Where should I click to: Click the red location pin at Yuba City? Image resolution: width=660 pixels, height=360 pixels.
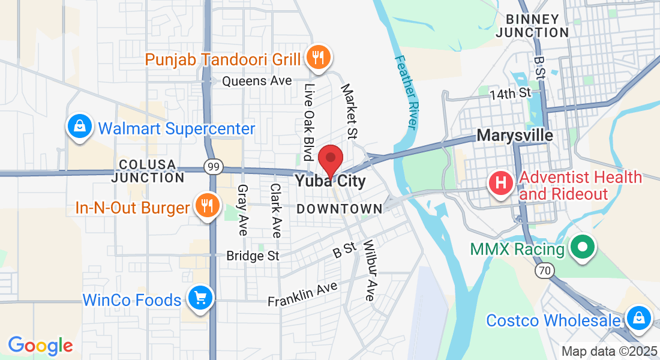[330, 159]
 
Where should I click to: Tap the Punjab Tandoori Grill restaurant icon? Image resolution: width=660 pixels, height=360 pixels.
[317, 58]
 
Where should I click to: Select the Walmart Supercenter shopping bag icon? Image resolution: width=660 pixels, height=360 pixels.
[79, 126]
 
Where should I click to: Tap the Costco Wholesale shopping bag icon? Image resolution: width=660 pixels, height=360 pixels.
[638, 317]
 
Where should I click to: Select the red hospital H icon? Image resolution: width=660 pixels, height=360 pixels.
[502, 181]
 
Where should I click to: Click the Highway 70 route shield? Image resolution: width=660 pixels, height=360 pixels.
[544, 271]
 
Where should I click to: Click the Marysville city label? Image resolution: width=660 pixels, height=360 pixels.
[515, 135]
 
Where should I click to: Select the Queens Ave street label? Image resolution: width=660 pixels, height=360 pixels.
[257, 80]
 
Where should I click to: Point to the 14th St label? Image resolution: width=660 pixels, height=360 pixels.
[510, 93]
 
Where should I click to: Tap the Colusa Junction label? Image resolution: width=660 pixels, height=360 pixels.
[148, 171]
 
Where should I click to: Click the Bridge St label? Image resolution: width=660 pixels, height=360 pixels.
[253, 256]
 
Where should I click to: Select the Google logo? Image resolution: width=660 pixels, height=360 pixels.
[40, 346]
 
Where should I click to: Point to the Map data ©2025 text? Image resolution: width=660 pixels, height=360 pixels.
[608, 351]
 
